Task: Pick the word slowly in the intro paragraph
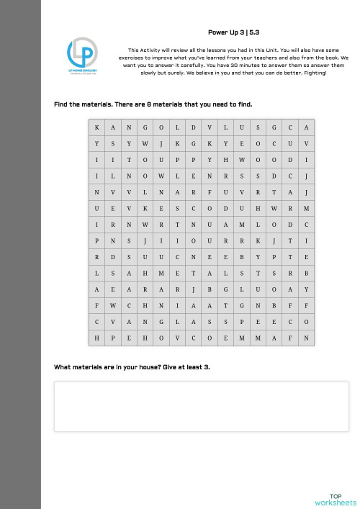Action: tap(137, 73)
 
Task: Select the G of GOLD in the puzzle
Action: tap(145, 127)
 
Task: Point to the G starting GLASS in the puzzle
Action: tap(162, 322)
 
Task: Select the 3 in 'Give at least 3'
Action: tap(207, 367)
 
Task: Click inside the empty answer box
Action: tap(201, 407)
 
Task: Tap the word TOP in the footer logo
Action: tap(335, 496)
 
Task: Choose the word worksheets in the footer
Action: tap(335, 503)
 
